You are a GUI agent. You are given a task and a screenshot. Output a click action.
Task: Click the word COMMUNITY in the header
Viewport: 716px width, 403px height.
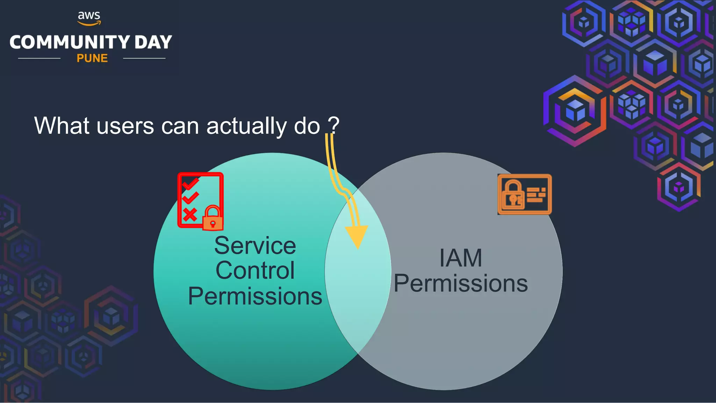(70, 42)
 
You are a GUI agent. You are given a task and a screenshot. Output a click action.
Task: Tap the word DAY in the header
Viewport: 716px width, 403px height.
(153, 42)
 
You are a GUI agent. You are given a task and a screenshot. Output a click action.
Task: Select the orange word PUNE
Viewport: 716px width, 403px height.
(92, 58)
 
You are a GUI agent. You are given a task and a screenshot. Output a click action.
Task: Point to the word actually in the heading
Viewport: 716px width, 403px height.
(246, 126)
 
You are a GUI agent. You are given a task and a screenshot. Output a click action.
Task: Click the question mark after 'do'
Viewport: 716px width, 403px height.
(334, 125)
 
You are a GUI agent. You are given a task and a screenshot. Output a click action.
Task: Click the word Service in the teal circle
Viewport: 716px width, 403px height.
(255, 246)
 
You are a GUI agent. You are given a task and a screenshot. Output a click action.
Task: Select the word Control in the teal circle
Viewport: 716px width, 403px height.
(255, 270)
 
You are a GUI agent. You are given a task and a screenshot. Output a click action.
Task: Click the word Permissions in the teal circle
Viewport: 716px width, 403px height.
(255, 296)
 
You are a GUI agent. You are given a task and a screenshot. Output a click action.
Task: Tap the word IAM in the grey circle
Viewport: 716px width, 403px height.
(460, 258)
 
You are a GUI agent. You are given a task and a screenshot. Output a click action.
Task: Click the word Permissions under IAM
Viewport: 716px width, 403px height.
(460, 283)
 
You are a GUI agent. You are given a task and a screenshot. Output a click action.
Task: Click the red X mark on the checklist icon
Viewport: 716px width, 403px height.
(190, 214)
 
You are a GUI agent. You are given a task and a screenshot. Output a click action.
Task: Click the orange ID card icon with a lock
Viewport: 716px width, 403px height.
(524, 194)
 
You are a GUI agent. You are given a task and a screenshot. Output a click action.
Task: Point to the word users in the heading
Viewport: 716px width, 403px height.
(125, 126)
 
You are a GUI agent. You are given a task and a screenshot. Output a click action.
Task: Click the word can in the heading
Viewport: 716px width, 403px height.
(180, 126)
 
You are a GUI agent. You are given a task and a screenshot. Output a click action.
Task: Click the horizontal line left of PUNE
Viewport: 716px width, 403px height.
(39, 58)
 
